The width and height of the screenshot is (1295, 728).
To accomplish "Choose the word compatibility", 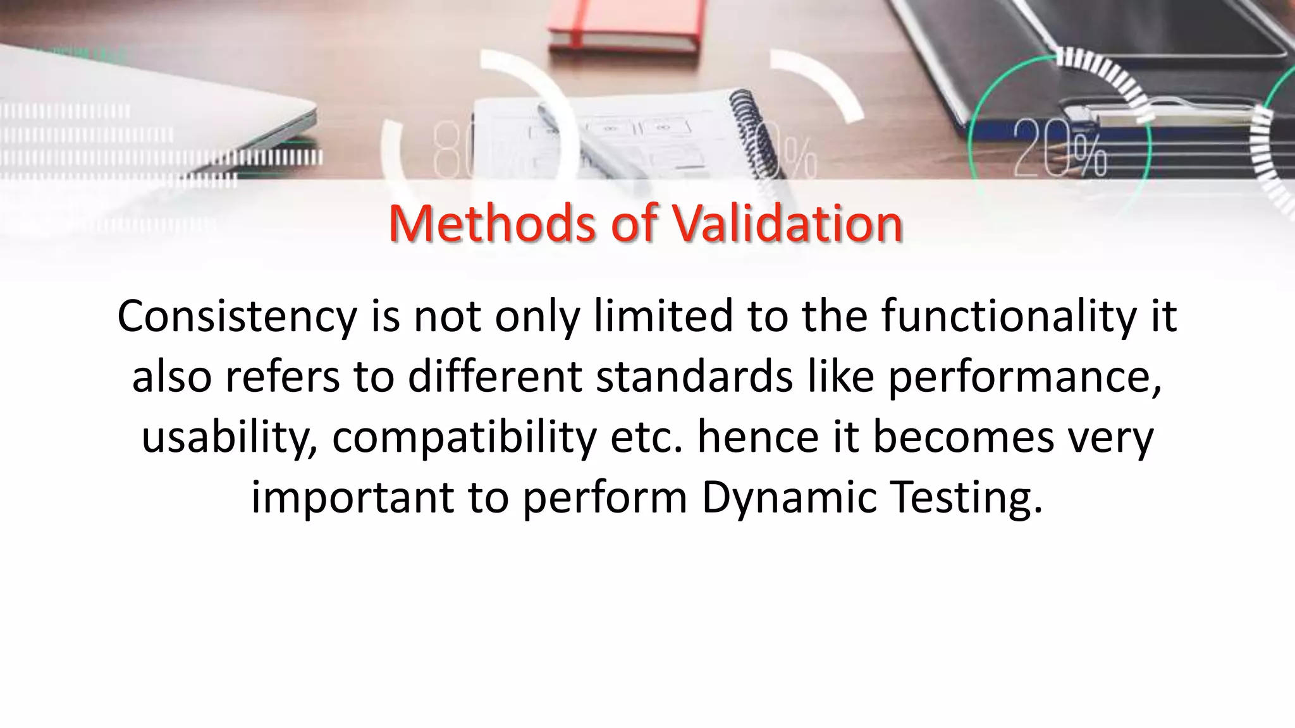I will pos(464,438).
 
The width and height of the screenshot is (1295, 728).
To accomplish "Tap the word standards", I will pos(694,377).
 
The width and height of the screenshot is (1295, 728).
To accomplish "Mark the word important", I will pos(353,497).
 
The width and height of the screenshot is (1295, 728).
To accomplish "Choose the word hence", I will pos(758,438).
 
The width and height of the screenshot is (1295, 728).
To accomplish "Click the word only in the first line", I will pos(537,317).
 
